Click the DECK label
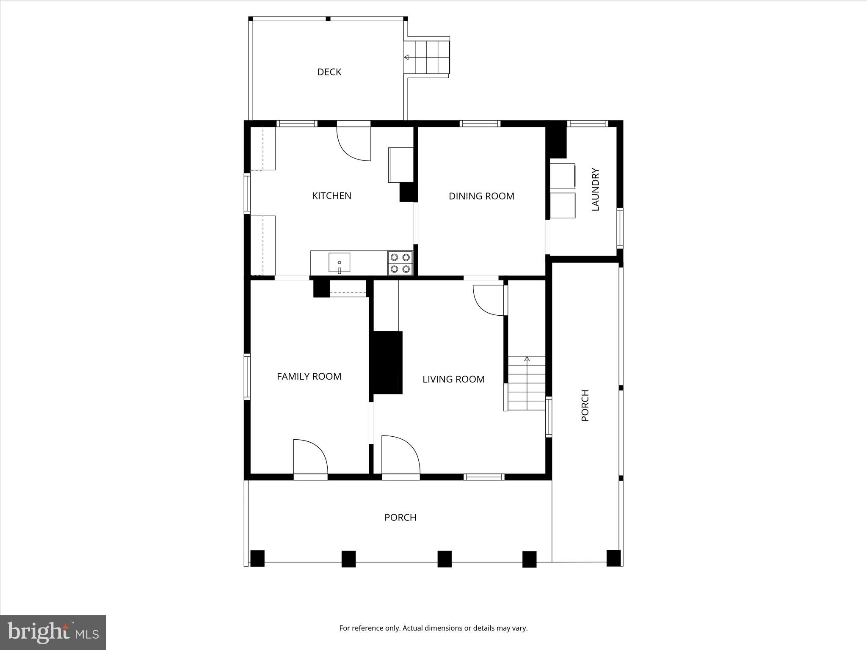click(x=329, y=72)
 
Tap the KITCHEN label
click(x=331, y=196)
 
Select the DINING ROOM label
click(x=481, y=196)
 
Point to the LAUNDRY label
click(x=595, y=190)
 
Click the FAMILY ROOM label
click(x=309, y=377)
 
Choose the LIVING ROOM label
click(x=453, y=379)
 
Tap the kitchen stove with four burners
click(x=400, y=263)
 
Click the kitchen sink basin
click(x=339, y=262)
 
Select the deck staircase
click(x=426, y=57)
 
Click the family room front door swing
click(x=310, y=457)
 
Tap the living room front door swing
click(x=400, y=455)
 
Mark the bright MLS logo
click(x=53, y=632)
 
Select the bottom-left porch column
click(x=257, y=558)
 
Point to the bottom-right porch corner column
click(x=613, y=558)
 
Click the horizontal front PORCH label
click(x=400, y=518)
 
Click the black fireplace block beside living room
click(x=387, y=363)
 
